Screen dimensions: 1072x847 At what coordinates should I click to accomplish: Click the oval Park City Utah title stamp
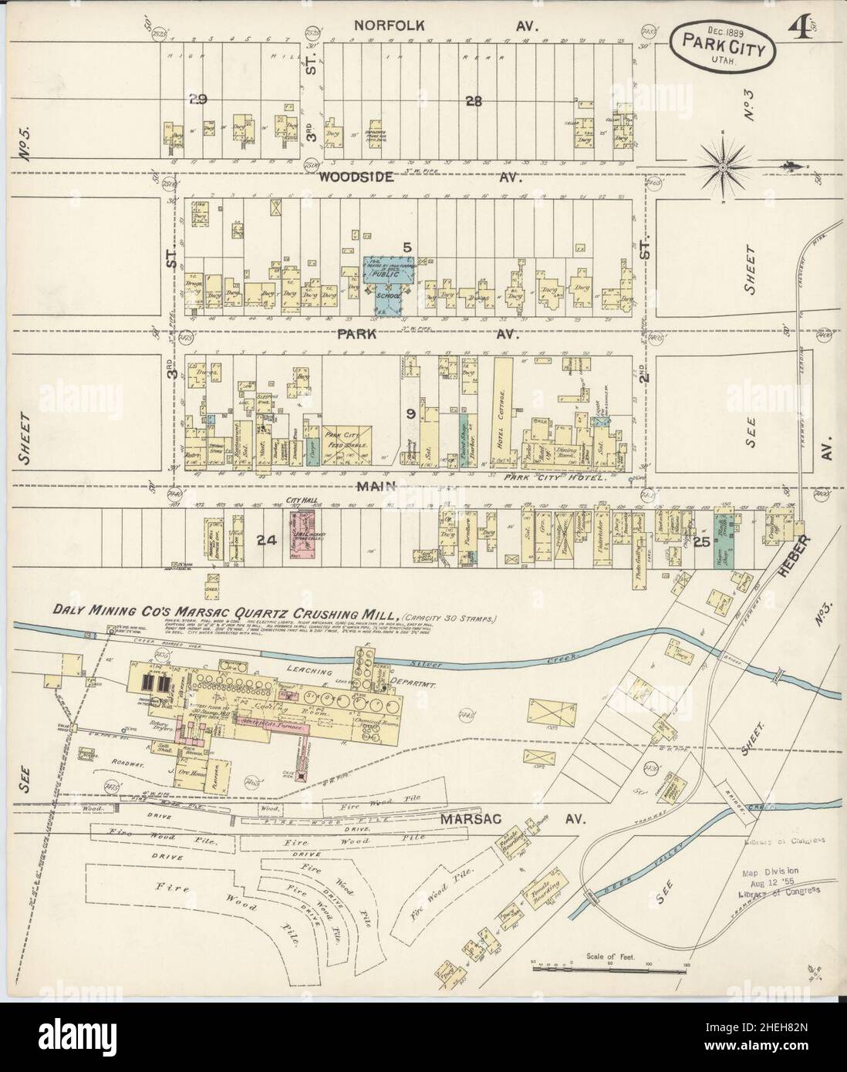pos(723,47)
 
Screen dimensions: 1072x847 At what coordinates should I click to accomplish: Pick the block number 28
pos(474,100)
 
